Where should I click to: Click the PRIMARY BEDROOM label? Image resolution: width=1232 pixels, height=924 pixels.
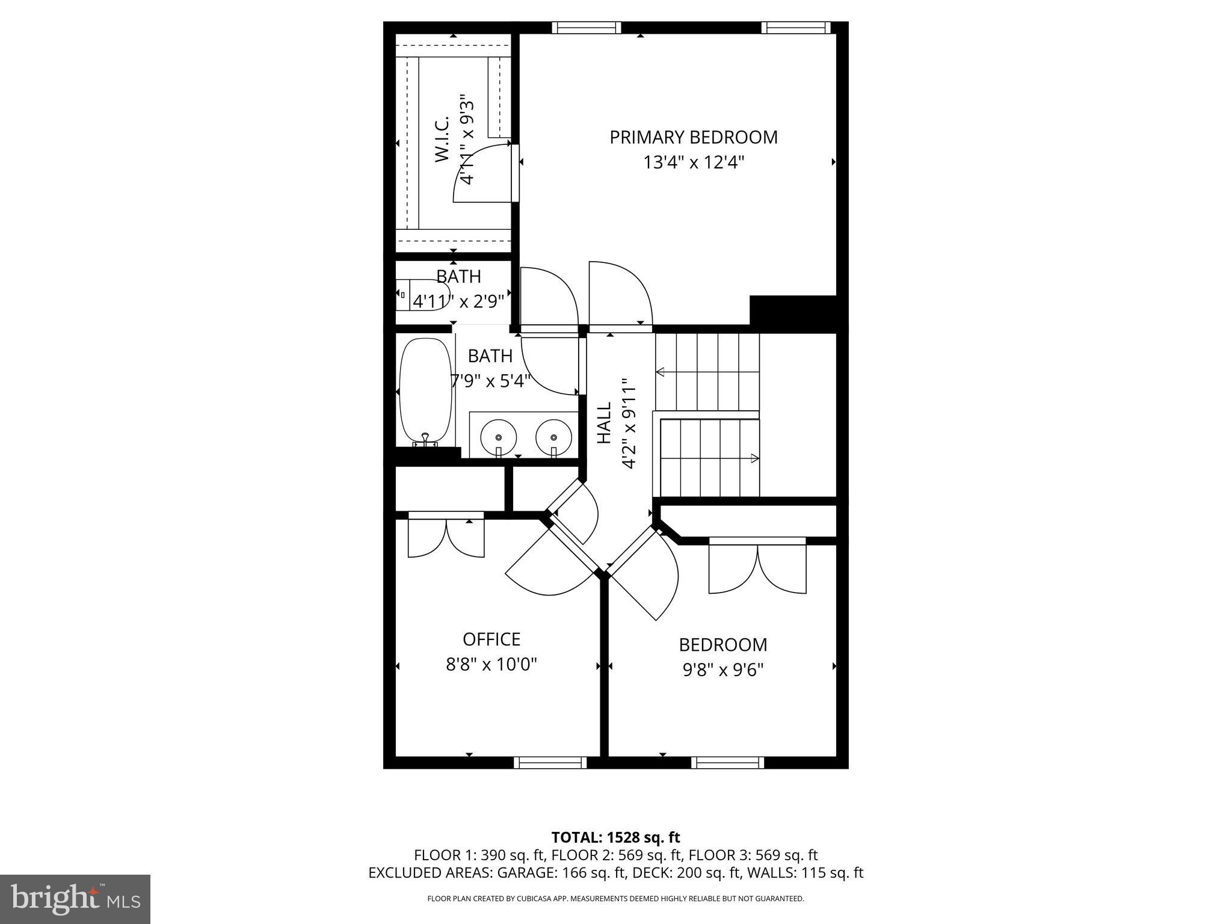tap(693, 137)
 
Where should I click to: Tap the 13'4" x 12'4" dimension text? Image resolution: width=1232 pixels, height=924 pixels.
tap(693, 162)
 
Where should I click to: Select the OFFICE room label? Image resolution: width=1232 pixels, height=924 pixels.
tap(491, 639)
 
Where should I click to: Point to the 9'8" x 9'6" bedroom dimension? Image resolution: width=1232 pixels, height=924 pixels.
tap(722, 670)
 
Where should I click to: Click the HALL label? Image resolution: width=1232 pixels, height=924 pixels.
tap(603, 423)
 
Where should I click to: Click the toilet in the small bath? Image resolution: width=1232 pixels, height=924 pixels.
tap(421, 294)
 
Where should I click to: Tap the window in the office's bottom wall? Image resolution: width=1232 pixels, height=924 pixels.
tap(550, 763)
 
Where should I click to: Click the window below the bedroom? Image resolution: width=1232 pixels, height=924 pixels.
tap(727, 763)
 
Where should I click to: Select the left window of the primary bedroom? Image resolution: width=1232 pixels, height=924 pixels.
tap(586, 27)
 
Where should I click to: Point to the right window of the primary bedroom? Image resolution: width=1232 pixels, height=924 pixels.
tap(795, 27)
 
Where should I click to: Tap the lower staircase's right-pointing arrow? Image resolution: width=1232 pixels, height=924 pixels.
tap(753, 458)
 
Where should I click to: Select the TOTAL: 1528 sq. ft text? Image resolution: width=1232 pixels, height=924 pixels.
tap(615, 837)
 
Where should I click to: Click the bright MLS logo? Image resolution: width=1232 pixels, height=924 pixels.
tap(75, 899)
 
